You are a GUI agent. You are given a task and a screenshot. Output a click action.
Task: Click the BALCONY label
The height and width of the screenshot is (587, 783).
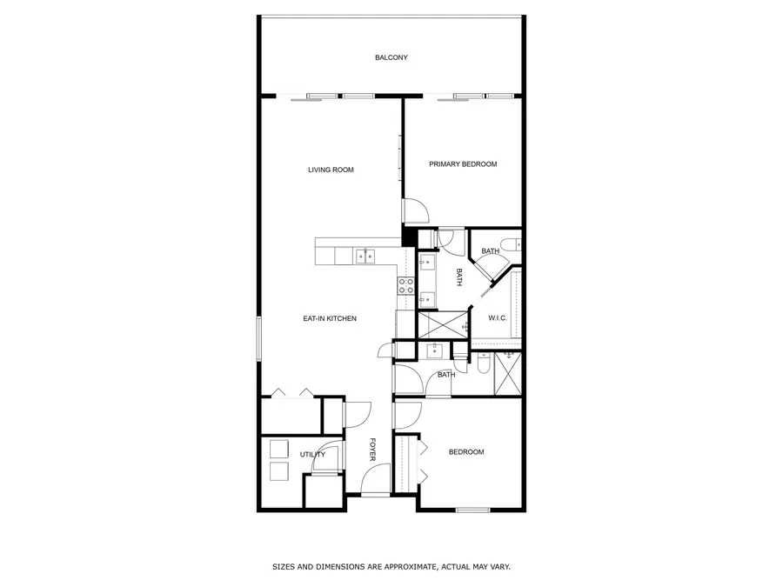click(391, 58)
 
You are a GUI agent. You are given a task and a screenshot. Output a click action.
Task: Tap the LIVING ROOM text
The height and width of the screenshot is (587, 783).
click(331, 170)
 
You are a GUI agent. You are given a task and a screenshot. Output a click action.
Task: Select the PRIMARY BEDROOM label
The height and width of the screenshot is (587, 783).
click(463, 164)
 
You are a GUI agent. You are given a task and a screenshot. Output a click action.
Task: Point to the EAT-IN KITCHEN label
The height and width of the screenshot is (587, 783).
click(330, 319)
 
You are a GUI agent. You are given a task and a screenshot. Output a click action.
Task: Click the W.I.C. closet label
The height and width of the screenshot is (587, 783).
click(498, 317)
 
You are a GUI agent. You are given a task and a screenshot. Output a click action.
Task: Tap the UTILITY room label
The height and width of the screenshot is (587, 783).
click(312, 455)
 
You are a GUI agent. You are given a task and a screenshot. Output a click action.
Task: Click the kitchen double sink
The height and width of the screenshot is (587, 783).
click(366, 256)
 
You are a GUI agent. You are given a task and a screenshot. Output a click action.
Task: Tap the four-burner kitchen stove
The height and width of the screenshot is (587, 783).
click(405, 286)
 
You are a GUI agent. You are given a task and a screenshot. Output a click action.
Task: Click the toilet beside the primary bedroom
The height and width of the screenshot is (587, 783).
click(512, 243)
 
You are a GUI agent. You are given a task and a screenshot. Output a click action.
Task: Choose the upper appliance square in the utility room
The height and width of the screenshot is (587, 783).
click(278, 449)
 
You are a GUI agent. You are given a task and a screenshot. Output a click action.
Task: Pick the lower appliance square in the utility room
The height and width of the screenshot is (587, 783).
click(278, 471)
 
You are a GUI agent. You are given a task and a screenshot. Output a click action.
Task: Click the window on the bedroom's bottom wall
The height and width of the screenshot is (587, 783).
click(474, 510)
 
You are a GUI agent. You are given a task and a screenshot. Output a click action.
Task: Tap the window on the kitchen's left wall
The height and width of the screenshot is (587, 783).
click(258, 338)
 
